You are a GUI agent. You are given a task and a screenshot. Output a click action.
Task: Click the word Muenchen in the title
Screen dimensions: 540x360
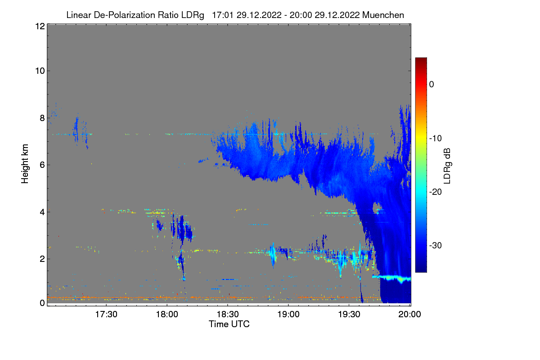pyautogui.click(x=383, y=15)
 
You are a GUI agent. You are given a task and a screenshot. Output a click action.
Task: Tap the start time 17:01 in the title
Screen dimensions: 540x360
pyautogui.click(x=222, y=15)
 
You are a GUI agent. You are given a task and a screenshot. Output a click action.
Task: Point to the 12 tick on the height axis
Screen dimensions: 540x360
pyautogui.click(x=40, y=26)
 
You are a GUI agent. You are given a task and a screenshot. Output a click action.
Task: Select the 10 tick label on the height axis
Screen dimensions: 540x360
pyautogui.click(x=40, y=71)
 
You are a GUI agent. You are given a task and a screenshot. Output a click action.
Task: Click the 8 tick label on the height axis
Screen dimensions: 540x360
pyautogui.click(x=42, y=118)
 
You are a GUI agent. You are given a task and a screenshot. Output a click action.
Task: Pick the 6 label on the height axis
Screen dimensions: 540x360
pyautogui.click(x=42, y=165)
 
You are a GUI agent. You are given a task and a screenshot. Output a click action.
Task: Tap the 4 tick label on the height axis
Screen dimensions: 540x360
pyautogui.click(x=42, y=212)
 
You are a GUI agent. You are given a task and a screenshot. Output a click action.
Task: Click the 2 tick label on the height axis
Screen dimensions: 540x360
pyautogui.click(x=42, y=259)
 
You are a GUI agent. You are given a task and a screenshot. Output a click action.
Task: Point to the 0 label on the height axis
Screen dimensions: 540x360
pyautogui.click(x=42, y=303)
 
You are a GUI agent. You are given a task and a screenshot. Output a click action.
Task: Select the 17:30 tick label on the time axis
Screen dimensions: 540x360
pyautogui.click(x=106, y=315)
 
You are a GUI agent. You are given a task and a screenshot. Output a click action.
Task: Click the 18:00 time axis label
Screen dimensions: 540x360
pyautogui.click(x=167, y=315)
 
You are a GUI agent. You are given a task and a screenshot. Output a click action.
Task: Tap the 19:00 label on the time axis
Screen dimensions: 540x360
pyautogui.click(x=288, y=315)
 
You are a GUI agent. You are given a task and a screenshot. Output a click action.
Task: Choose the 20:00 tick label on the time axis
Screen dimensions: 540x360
pyautogui.click(x=410, y=315)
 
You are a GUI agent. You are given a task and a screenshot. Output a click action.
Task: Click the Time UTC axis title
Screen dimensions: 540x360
pyautogui.click(x=229, y=324)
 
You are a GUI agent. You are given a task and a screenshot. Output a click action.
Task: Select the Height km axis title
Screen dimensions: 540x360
pyautogui.click(x=25, y=164)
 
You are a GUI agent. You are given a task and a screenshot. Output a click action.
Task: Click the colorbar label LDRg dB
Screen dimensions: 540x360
pyautogui.click(x=447, y=166)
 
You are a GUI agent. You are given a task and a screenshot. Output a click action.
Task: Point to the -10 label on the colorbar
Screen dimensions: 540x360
pyautogui.click(x=436, y=139)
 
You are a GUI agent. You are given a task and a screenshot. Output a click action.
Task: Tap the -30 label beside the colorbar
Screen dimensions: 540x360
pyautogui.click(x=436, y=245)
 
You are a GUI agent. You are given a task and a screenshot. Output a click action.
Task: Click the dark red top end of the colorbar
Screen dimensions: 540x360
pyautogui.click(x=421, y=58)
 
